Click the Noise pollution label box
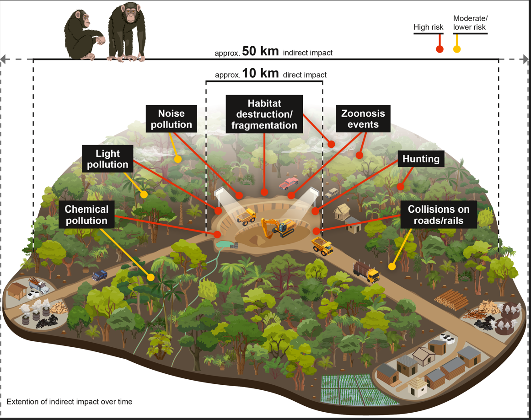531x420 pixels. (172, 119)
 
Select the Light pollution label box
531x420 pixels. (107, 158)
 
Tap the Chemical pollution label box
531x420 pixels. (86, 215)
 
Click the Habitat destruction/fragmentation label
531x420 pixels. (264, 114)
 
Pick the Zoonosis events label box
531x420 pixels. (363, 119)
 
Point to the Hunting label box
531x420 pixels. (421, 159)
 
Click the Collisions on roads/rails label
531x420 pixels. (439, 215)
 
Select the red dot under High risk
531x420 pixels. (440, 49)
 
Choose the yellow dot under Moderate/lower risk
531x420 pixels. (456, 49)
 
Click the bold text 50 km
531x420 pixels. (260, 51)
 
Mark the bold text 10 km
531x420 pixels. (260, 74)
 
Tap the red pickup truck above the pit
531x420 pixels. (289, 184)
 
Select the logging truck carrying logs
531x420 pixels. (366, 272)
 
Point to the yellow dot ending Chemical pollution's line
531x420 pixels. (151, 277)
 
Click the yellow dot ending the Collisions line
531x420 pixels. (392, 266)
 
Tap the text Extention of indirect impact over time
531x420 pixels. (70, 402)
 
